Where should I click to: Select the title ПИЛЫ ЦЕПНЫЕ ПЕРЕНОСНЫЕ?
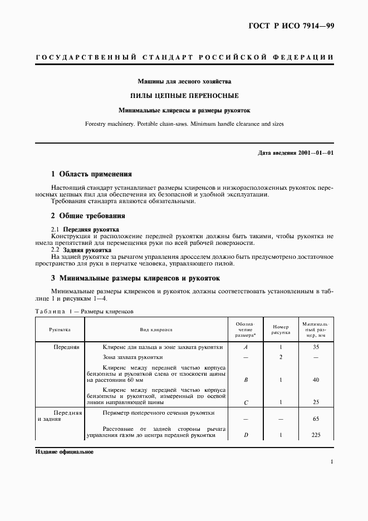184,96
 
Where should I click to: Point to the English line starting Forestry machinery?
184,124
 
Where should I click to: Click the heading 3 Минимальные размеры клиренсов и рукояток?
136,278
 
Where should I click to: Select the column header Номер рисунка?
281,330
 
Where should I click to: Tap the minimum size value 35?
316,347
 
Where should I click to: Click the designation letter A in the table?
246,347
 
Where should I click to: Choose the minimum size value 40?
316,380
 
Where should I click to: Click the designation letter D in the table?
246,435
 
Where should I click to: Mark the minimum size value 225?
316,435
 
